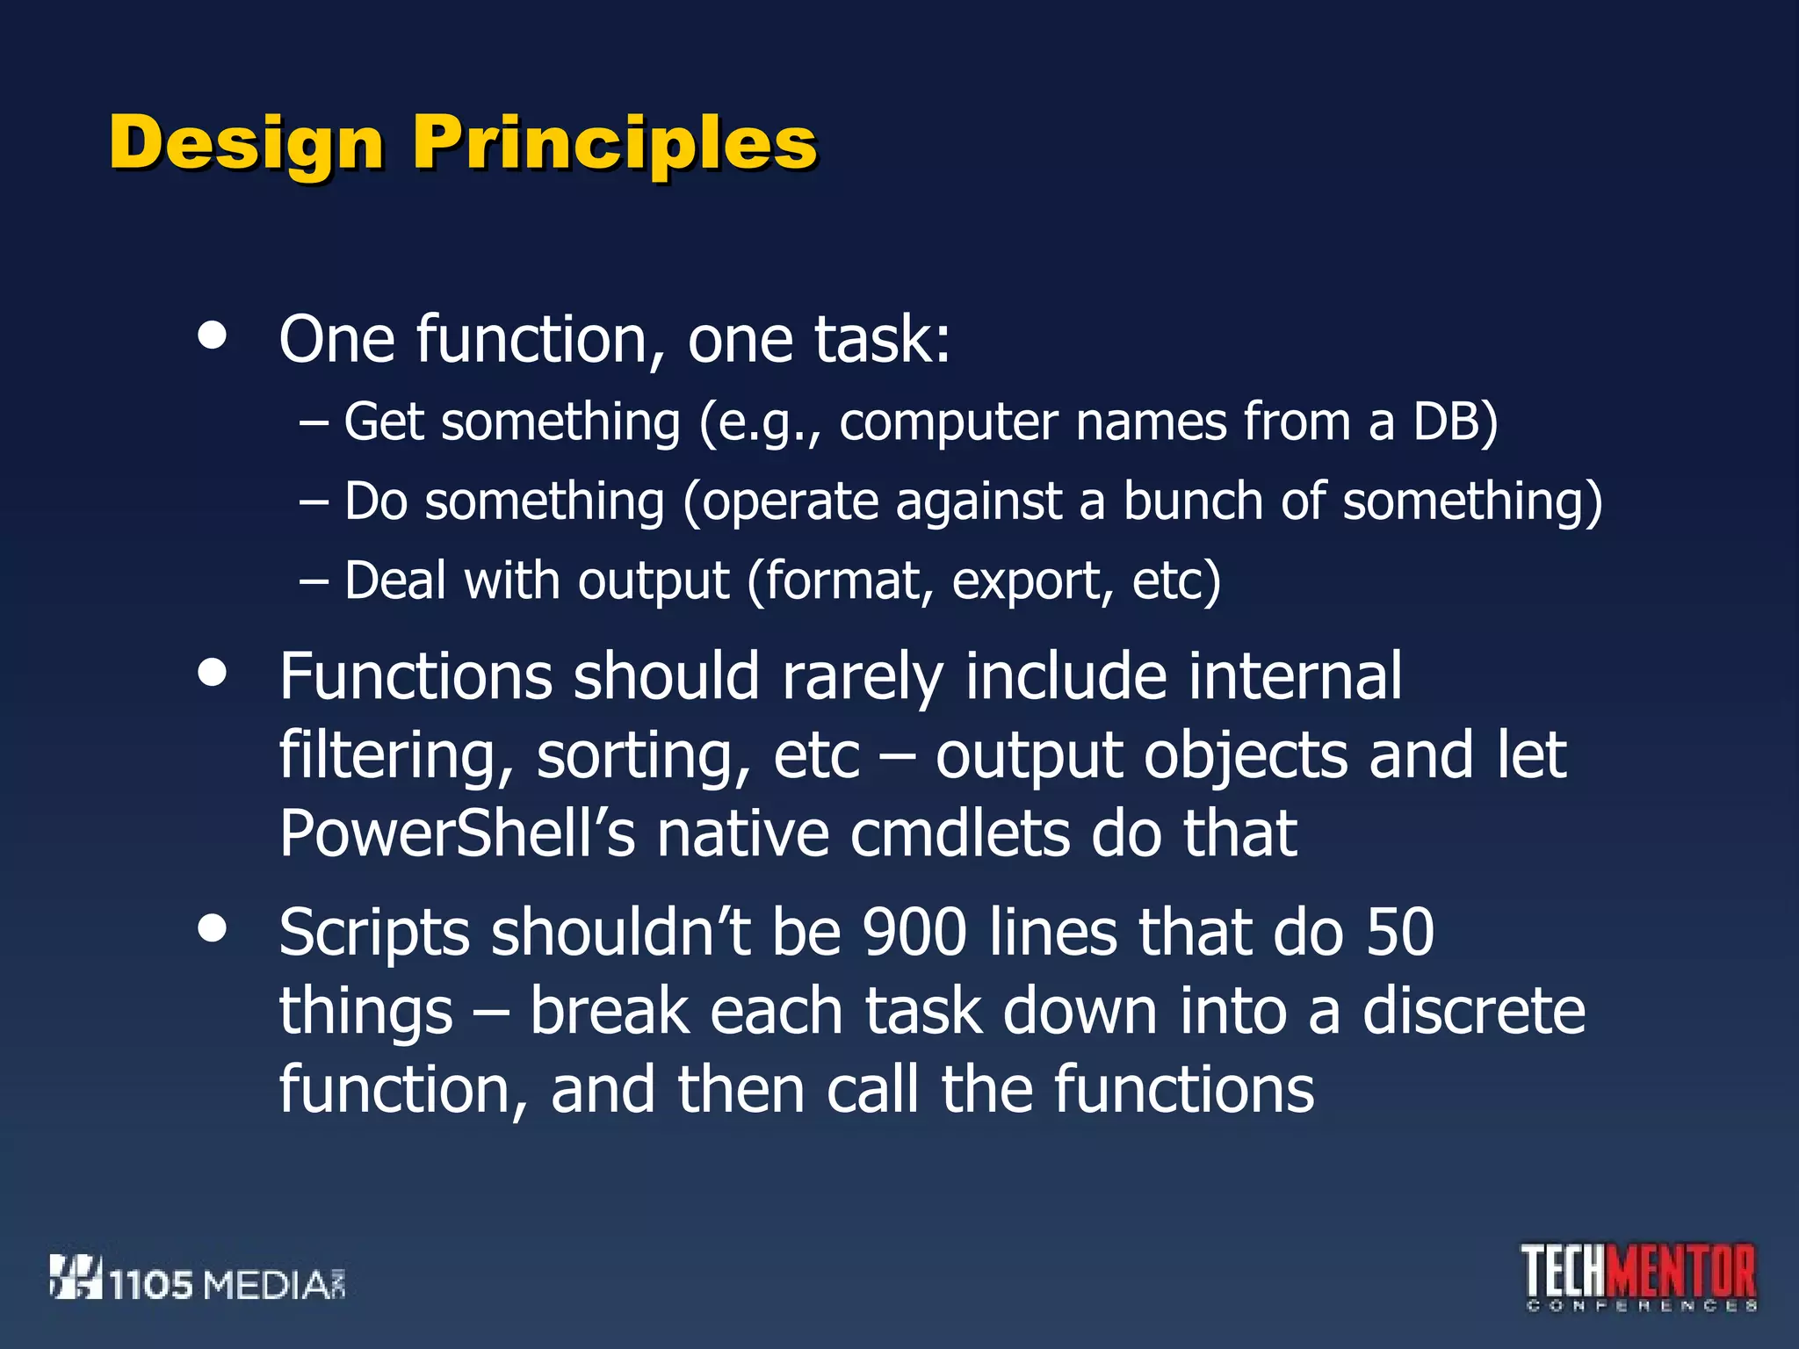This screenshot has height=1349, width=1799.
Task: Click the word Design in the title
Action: tap(246, 143)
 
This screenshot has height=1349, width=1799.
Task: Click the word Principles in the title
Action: tap(615, 143)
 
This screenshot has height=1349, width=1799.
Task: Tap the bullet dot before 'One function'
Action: tap(212, 335)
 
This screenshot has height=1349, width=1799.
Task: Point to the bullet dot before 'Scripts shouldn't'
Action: tap(212, 927)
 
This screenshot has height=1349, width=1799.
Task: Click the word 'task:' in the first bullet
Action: tap(882, 339)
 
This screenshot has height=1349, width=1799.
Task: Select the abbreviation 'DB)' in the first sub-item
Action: tap(1455, 422)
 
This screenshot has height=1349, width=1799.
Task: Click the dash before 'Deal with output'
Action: tap(314, 581)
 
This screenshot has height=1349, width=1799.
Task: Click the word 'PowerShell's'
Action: tap(457, 833)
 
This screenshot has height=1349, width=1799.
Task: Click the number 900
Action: tap(914, 933)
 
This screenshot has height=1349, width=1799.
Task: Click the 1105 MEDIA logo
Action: tap(198, 1279)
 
